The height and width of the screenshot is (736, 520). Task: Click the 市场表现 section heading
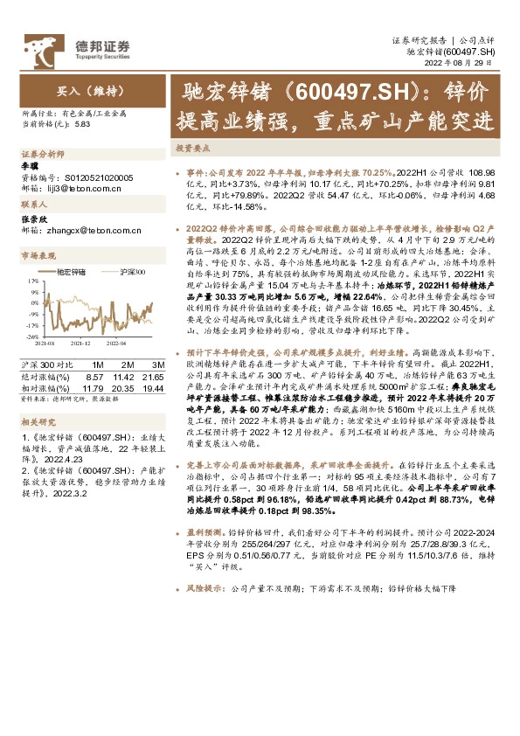[38, 255]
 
